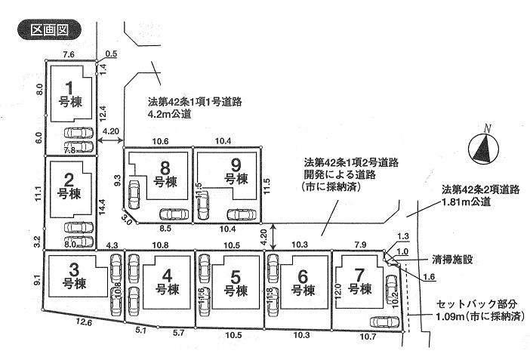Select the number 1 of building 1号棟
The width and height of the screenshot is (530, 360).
point(71,86)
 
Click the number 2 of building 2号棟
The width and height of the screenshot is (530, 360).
point(69,179)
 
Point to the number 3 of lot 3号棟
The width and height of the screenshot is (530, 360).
point(73,269)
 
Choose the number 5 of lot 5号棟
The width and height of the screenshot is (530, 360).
point(236,275)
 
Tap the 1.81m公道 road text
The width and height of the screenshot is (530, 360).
point(467,202)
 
